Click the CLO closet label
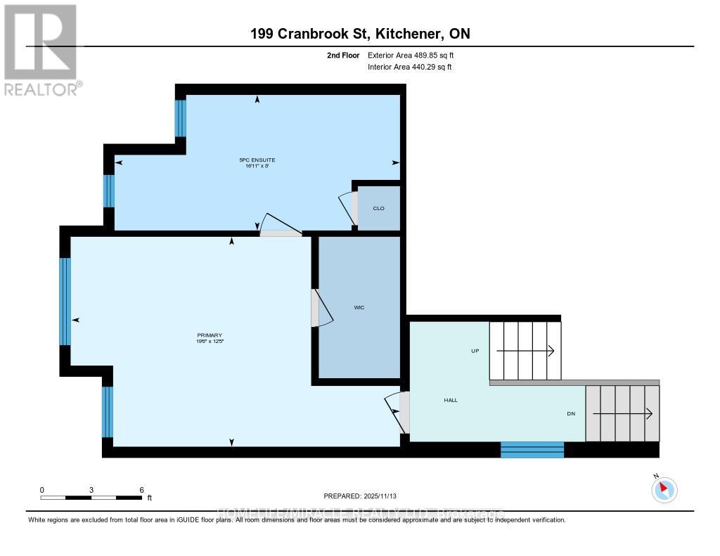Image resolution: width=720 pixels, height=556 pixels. (378, 207)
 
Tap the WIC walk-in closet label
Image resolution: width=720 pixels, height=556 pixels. (359, 308)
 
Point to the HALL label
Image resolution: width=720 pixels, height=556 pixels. (451, 400)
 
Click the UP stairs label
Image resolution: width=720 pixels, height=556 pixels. (475, 350)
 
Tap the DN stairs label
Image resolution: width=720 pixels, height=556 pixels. (571, 413)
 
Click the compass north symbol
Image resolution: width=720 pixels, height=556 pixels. (664, 489)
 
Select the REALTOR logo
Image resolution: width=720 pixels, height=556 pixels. (41, 49)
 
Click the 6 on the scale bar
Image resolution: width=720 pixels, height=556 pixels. (141, 490)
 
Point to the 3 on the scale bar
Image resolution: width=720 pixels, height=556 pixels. (91, 490)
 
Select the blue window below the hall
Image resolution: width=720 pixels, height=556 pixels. (532, 449)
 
